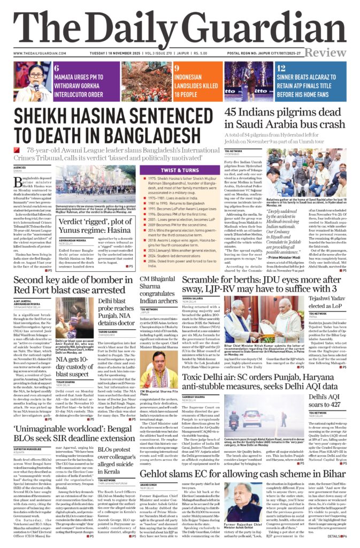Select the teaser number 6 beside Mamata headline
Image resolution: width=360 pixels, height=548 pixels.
pos(57,68)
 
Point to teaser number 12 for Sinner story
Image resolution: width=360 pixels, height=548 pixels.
pos(282,68)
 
